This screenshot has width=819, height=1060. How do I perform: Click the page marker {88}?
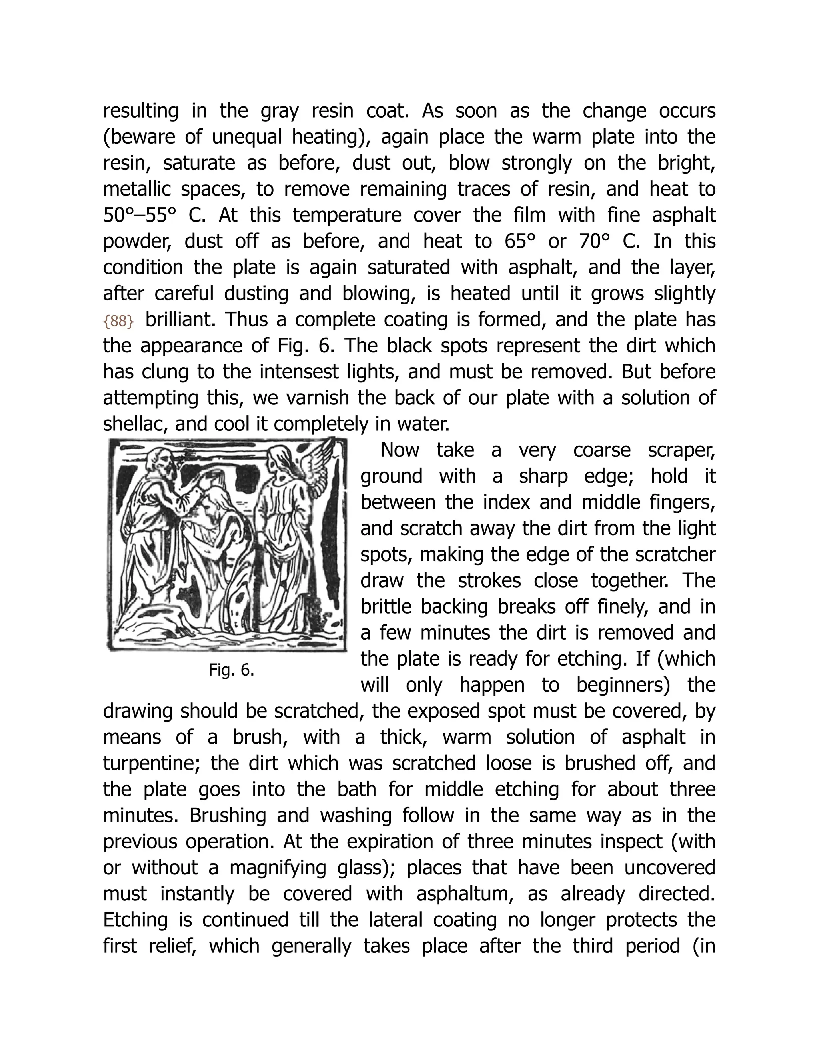coord(118,321)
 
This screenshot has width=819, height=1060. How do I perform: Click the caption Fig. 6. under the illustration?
coord(231,670)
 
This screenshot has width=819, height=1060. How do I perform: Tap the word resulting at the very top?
coord(141,111)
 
